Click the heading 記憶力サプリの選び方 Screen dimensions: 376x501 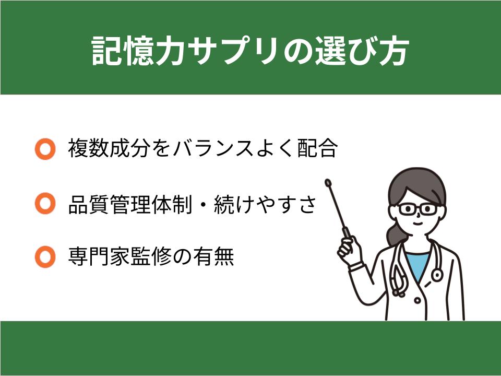[x=250, y=52]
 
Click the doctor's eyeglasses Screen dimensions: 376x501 [x=417, y=209]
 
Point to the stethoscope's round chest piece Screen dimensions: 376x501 [x=436, y=274]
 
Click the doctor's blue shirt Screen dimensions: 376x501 [x=416, y=264]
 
